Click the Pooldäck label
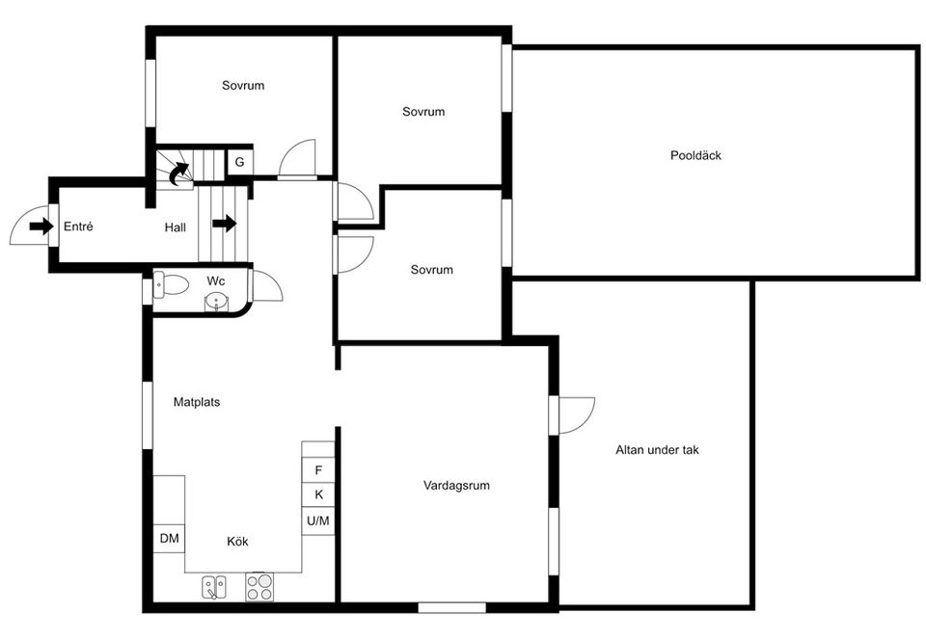point(695,155)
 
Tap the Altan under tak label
point(657,449)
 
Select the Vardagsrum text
point(456,486)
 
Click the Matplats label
point(197,402)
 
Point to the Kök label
point(237,542)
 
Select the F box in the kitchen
point(318,470)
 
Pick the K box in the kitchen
point(318,495)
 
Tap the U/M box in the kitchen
point(318,521)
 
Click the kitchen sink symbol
point(214,586)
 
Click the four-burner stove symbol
point(259,586)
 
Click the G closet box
point(238,163)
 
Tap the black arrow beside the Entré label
point(41,227)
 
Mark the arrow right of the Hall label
point(224,224)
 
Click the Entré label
point(78,227)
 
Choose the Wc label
point(216,280)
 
